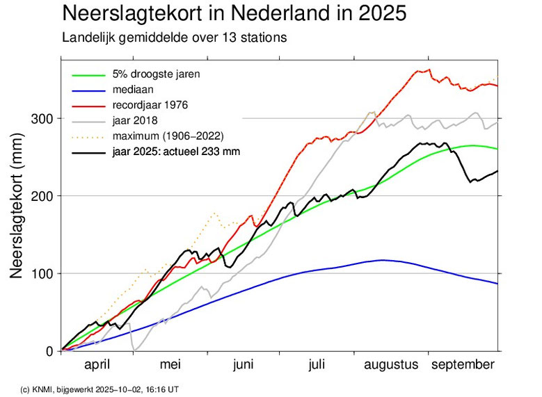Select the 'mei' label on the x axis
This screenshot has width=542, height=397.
click(x=170, y=365)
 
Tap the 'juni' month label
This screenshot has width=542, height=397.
click(x=242, y=365)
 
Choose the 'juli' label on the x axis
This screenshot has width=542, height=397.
click(x=316, y=365)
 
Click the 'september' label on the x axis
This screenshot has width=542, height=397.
click(x=463, y=365)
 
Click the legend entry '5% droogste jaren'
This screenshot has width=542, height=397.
click(x=151, y=74)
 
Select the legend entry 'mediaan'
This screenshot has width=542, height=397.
click(x=131, y=89)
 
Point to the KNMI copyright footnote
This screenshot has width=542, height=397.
click(x=99, y=389)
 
